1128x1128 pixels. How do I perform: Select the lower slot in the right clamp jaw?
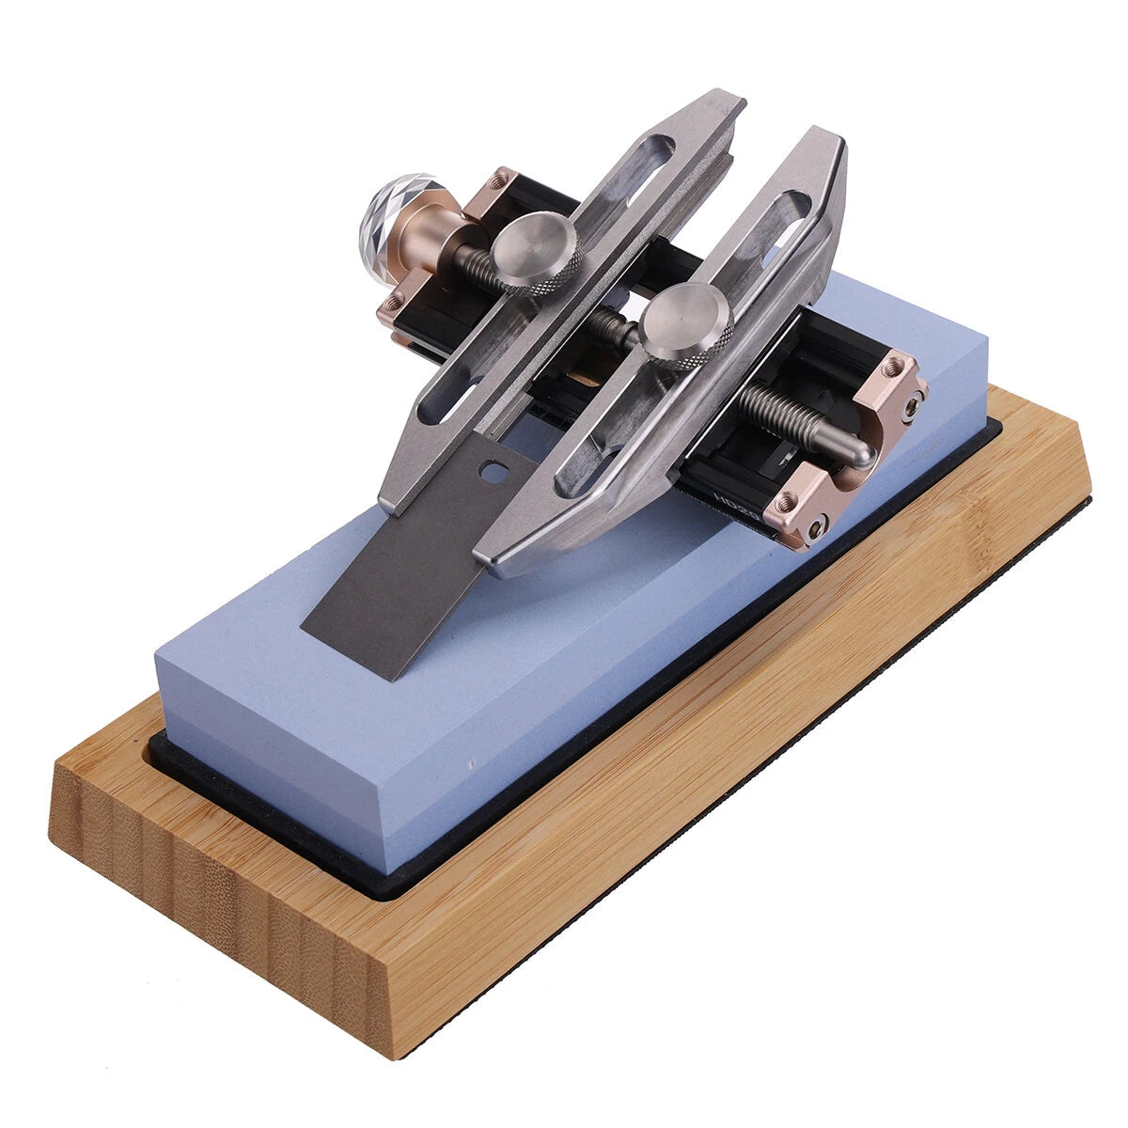(x=587, y=470)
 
